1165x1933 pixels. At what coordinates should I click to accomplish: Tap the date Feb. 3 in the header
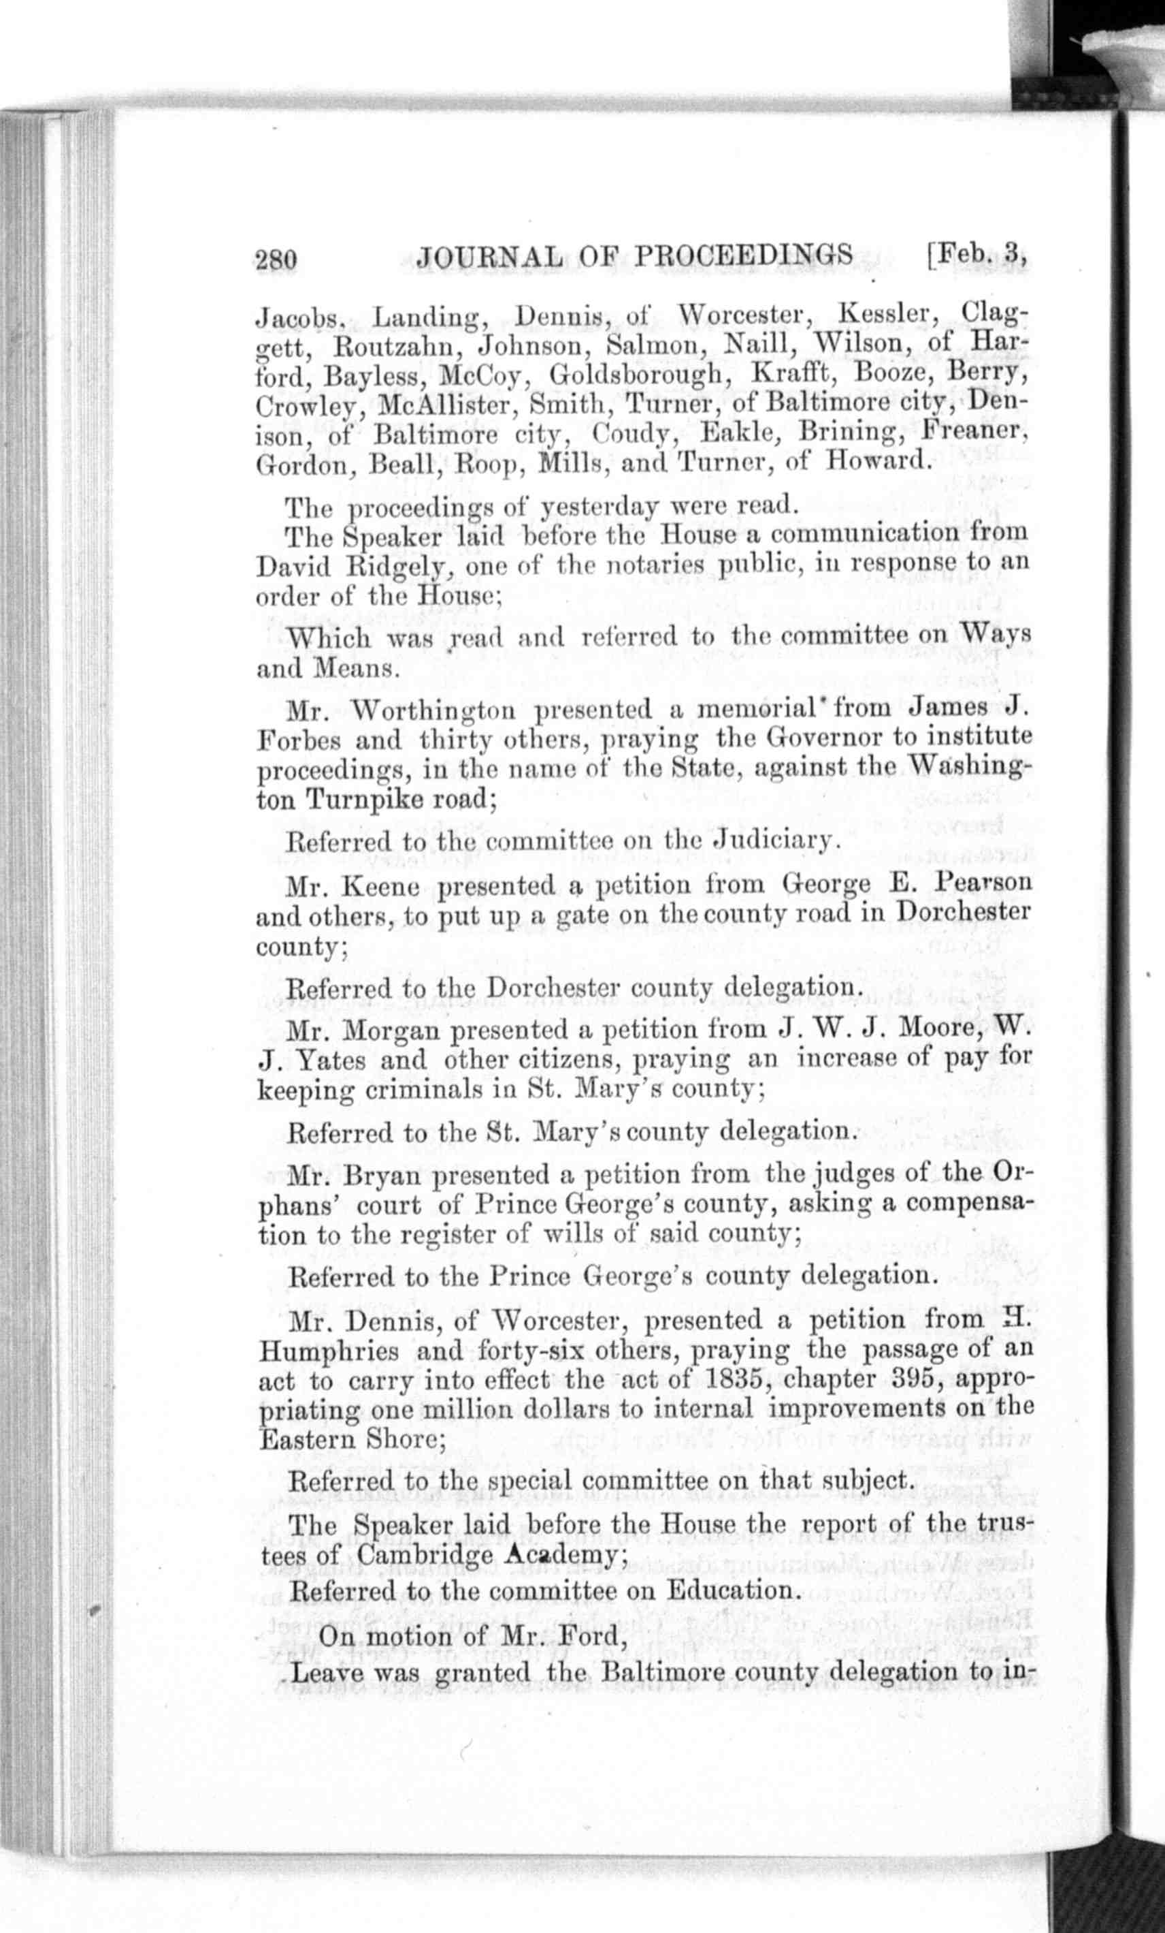pyautogui.click(x=977, y=253)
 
